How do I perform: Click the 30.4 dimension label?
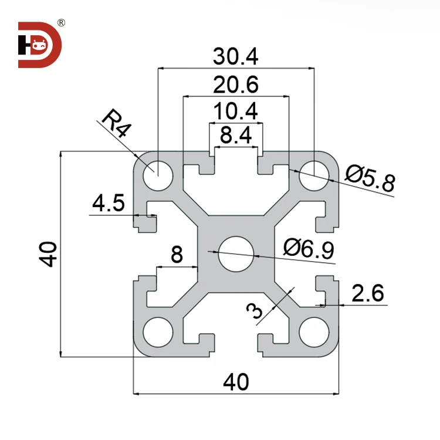pyautogui.click(x=235, y=56)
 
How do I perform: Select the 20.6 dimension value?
pyautogui.click(x=235, y=86)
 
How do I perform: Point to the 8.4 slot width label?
pyautogui.click(x=236, y=137)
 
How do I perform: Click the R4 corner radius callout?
pyautogui.click(x=114, y=123)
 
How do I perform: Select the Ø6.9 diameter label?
pyautogui.click(x=308, y=249)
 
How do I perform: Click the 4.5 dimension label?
pyautogui.click(x=109, y=204)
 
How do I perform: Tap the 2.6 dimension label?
pyautogui.click(x=368, y=293)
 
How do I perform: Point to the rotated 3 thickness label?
pyautogui.click(x=256, y=310)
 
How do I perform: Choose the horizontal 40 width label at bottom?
pyautogui.click(x=236, y=382)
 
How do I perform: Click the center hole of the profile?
pyautogui.click(x=236, y=253)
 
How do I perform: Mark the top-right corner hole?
pyautogui.click(x=314, y=175)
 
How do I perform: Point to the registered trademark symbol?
pyautogui.click(x=61, y=23)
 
